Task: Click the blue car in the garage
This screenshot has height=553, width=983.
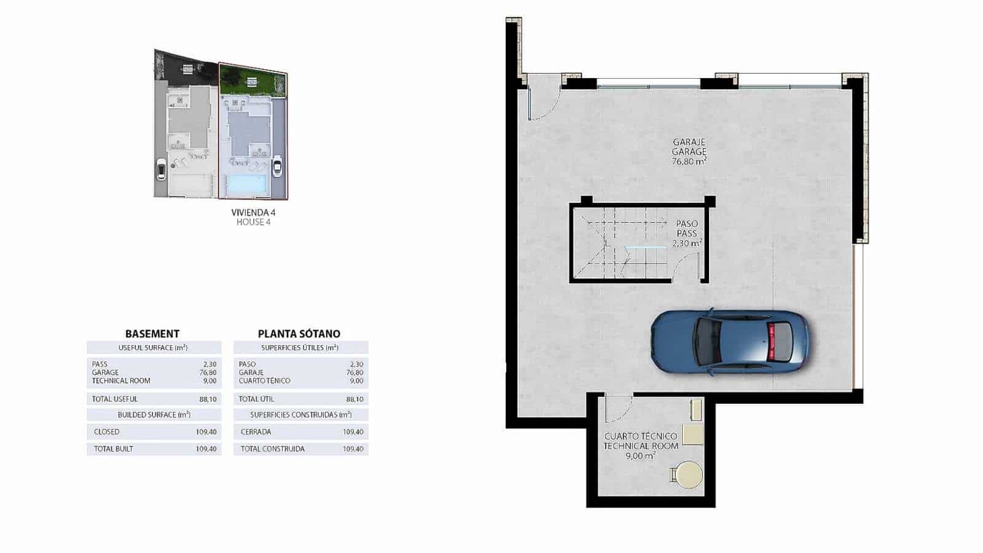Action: coord(729,342)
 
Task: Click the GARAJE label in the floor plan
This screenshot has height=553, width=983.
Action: coord(689,141)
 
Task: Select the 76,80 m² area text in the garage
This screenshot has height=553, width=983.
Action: coord(689,162)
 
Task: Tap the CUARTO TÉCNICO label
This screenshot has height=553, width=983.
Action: coord(641,436)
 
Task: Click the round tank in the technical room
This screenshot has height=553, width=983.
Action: coord(686,475)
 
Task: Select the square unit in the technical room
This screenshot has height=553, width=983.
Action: coord(693,434)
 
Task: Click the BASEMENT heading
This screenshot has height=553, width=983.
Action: coord(152,334)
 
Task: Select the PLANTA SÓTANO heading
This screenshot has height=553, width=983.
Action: coord(299,334)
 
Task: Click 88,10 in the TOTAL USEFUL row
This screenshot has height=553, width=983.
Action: coord(208,399)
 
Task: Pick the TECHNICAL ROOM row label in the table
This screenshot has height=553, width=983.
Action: coord(121,381)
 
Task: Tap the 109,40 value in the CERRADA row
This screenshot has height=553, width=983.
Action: coord(353,432)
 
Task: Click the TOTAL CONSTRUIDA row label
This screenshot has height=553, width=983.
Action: coord(272,449)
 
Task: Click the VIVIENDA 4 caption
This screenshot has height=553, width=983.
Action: coord(253,212)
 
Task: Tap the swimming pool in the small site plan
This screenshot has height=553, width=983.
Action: coord(246,183)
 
